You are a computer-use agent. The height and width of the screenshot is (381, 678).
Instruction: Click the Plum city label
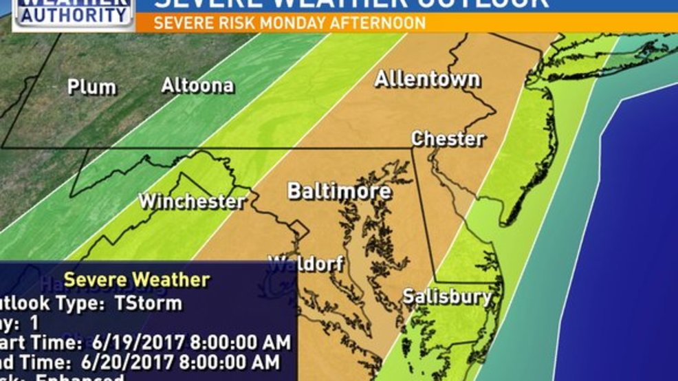91,87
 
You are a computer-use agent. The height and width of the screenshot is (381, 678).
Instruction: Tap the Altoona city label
197,86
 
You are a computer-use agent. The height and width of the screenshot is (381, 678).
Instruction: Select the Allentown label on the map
426,79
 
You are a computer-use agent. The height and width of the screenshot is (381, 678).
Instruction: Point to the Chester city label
448,139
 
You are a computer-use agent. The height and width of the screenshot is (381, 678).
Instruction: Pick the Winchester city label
192,202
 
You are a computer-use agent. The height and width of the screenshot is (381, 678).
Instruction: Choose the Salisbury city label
447,297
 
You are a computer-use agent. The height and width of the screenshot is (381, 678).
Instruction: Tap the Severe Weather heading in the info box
136,280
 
